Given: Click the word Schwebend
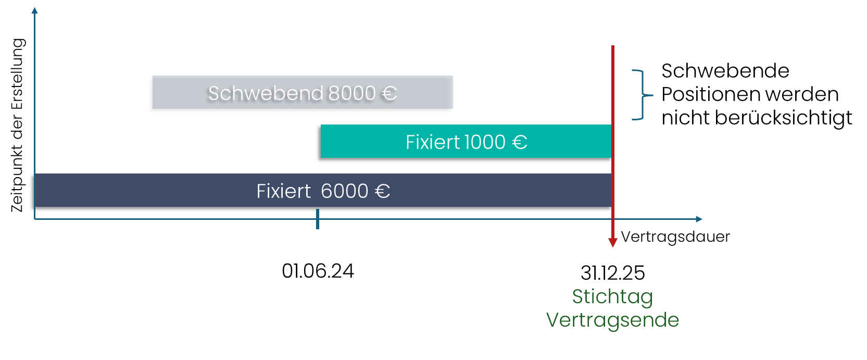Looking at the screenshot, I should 266,93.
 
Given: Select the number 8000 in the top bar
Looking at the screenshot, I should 352,93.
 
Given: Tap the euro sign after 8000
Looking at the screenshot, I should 389,94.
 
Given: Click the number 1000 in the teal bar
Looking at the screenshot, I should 484,142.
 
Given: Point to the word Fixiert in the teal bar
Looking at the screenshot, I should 432,142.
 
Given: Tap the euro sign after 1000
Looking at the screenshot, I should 520,142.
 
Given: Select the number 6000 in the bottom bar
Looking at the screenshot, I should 345,191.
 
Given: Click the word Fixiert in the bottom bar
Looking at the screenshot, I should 283,191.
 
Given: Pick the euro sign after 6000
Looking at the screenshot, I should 383,192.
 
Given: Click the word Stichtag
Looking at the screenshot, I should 612,297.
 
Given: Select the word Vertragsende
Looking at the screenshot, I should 612,320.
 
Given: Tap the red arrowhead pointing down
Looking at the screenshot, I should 613,243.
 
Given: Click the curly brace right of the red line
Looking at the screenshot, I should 643,95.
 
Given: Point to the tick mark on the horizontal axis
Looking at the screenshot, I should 318,219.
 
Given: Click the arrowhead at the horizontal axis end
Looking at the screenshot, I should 699,219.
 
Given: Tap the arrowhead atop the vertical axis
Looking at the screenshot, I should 35,10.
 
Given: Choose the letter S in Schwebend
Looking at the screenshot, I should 213,93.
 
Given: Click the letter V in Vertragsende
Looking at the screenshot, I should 552,319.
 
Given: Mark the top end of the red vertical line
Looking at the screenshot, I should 613,47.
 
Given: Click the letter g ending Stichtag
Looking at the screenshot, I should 647,299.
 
